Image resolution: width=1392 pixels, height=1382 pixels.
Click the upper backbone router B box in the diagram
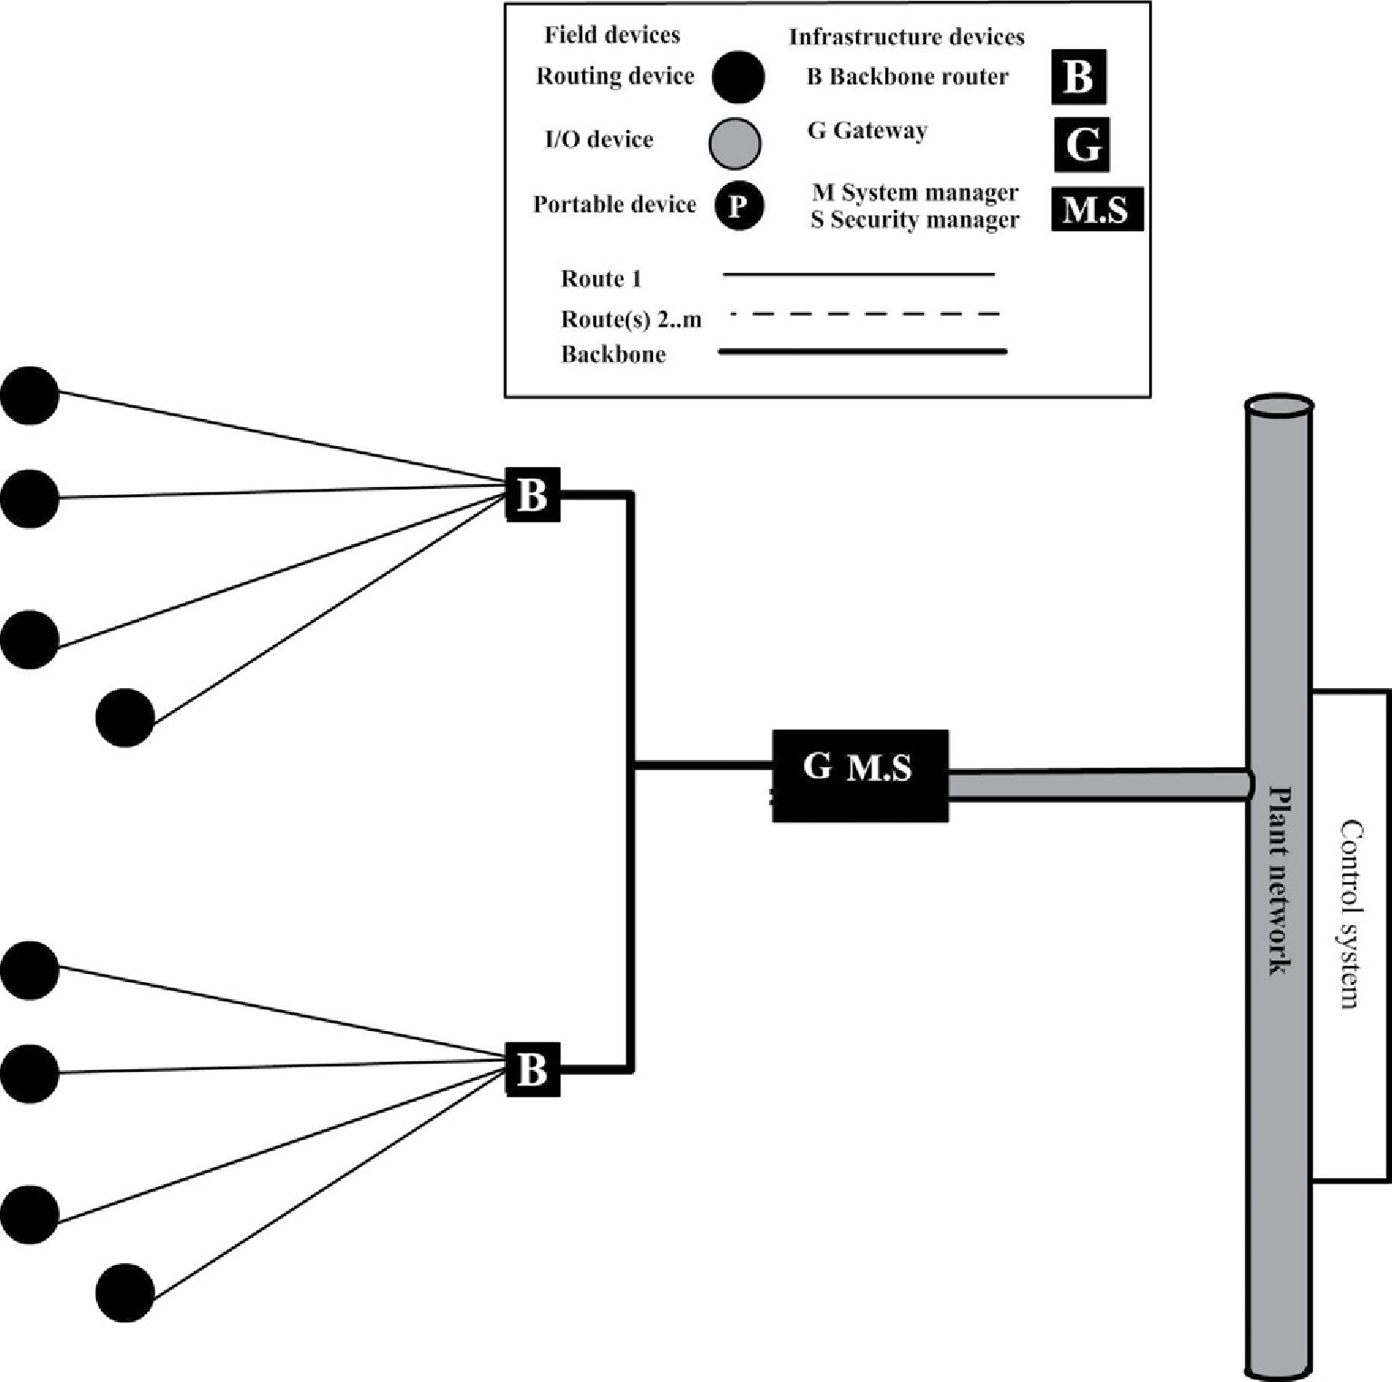pyautogui.click(x=532, y=495)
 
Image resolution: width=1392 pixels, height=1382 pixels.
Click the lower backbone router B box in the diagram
pyautogui.click(x=532, y=1069)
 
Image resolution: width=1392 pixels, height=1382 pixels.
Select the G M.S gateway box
pyautogui.click(x=860, y=776)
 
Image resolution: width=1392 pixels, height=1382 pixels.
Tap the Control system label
pyautogui.click(x=1351, y=914)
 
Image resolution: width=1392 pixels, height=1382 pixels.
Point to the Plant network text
pyautogui.click(x=1279, y=881)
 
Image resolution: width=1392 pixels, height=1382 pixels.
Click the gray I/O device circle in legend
pyautogui.click(x=735, y=144)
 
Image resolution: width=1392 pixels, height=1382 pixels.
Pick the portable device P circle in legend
pyautogui.click(x=738, y=207)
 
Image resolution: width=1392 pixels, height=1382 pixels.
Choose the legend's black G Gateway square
pyautogui.click(x=1082, y=145)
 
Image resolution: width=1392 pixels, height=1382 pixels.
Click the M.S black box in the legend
pyautogui.click(x=1097, y=209)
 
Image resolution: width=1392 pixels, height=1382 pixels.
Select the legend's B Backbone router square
pyautogui.click(x=1079, y=77)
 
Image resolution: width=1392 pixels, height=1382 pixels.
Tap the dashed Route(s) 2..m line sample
pyautogui.click(x=863, y=315)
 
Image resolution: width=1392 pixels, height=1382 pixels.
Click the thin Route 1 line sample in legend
pyautogui.click(x=858, y=274)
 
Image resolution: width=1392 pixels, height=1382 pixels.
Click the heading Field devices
pyautogui.click(x=612, y=35)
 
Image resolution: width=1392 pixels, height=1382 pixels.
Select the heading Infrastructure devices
pyautogui.click(x=906, y=37)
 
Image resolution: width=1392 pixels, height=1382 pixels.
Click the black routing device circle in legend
pyautogui.click(x=737, y=77)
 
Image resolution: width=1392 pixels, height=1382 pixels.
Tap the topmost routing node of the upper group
pyautogui.click(x=30, y=395)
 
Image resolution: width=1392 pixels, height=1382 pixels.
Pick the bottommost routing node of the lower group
pyautogui.click(x=125, y=1292)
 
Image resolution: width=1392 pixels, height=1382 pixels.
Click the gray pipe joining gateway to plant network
pyautogui.click(x=1097, y=784)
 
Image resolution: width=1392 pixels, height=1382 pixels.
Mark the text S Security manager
pyautogui.click(x=914, y=220)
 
